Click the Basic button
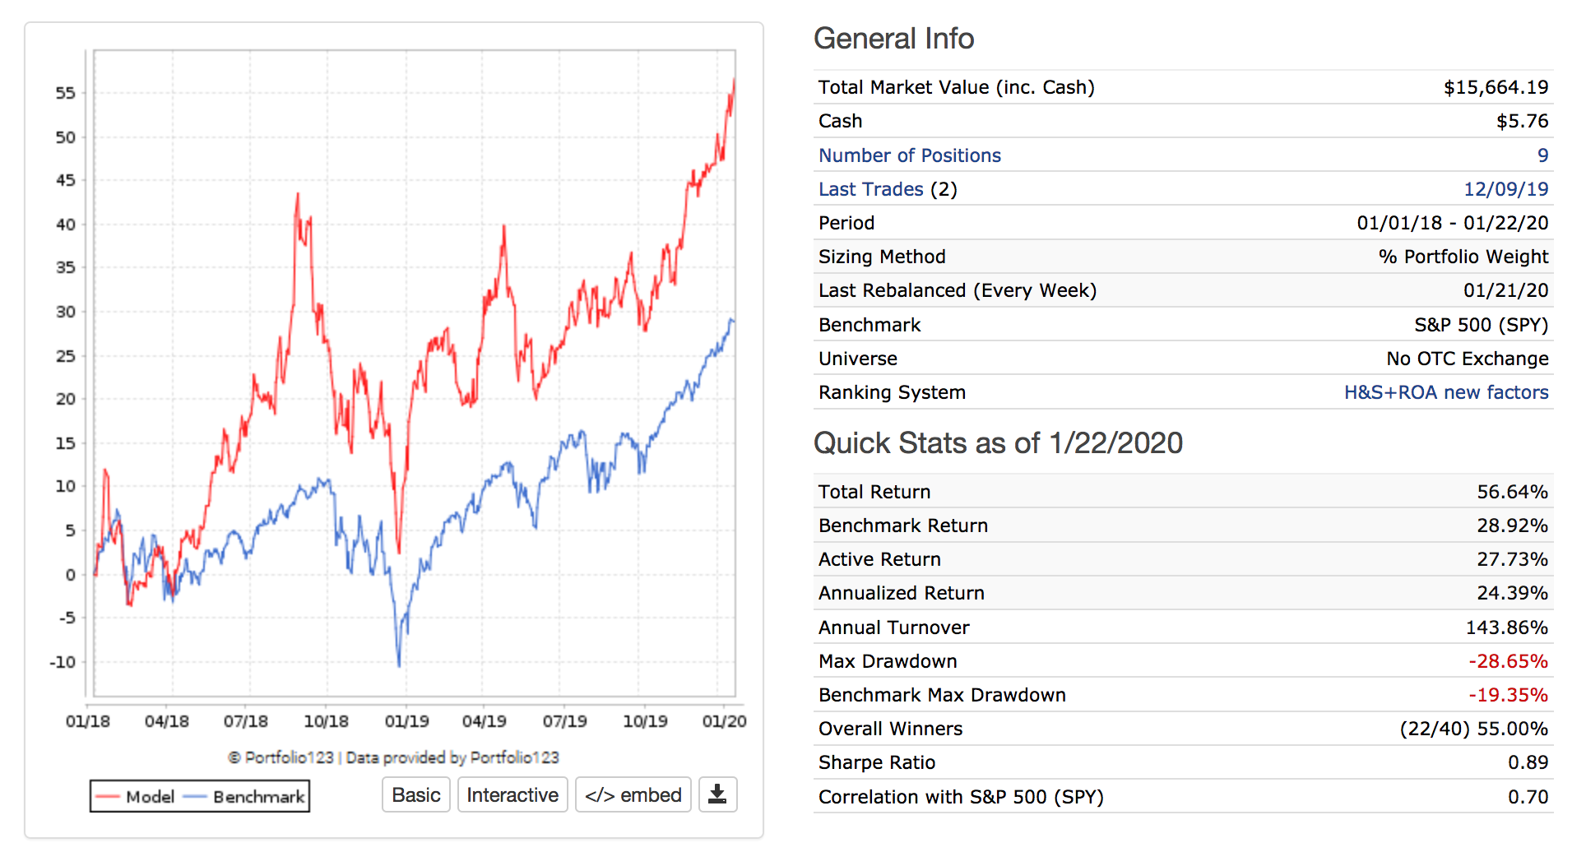415,795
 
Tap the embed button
633,795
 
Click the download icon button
717,794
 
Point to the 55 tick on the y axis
66,93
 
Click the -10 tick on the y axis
63,662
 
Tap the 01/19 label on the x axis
406,721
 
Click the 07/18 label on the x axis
245,721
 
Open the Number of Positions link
909,155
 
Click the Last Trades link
870,189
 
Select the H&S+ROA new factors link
1445,392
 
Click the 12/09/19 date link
1505,189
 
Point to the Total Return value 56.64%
1512,492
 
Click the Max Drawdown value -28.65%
1508,661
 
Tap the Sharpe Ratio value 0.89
1528,762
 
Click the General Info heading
893,39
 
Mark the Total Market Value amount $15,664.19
1496,87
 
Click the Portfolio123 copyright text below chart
393,757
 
